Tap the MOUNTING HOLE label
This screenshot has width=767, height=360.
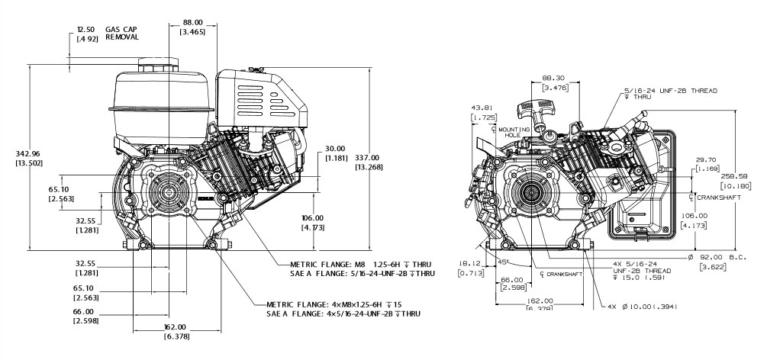point(509,133)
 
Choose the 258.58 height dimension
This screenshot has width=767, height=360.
point(733,175)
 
